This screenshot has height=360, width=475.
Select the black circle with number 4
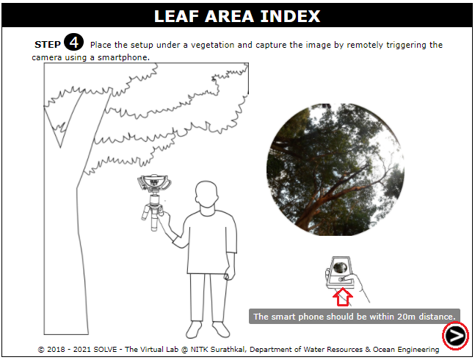(73, 42)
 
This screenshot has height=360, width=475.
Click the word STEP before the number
(48, 45)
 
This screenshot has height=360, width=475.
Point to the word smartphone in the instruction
(123, 57)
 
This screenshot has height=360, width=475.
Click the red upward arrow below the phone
(343, 297)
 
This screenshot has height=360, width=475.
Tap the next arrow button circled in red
(455, 336)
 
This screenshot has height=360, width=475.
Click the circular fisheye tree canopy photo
(336, 170)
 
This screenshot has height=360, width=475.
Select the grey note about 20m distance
(355, 317)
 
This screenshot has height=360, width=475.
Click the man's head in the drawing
(206, 194)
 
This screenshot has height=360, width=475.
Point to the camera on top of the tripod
(154, 183)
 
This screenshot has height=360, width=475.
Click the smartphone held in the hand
(340, 273)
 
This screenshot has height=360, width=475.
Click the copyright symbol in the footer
(41, 350)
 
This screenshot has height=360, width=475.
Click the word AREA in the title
(229, 16)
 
